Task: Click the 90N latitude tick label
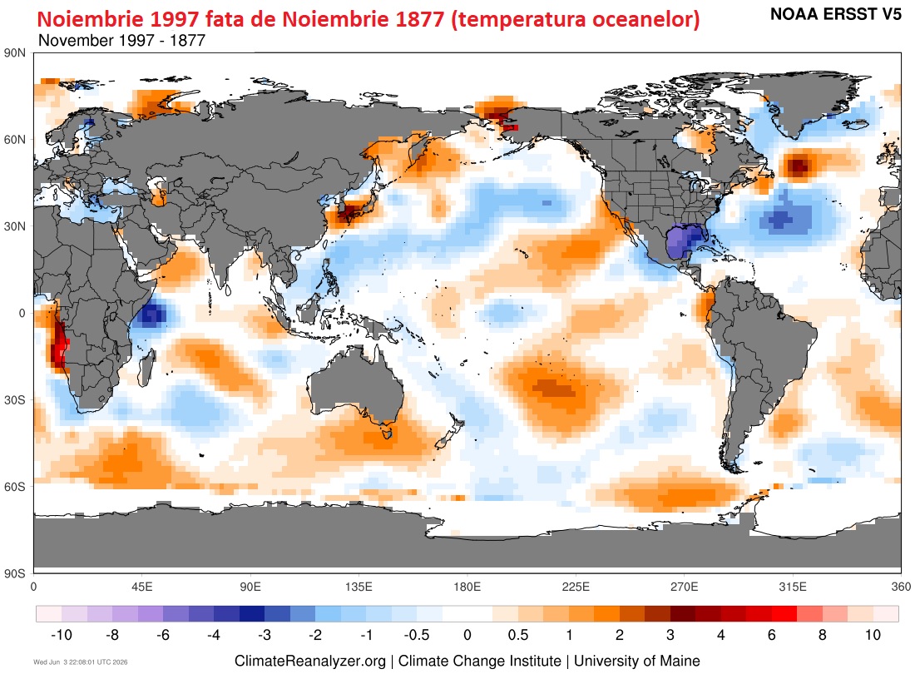pyautogui.click(x=15, y=53)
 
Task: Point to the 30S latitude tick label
pyautogui.click(x=15, y=400)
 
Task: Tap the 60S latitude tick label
pyautogui.click(x=15, y=487)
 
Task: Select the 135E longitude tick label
pyautogui.click(x=359, y=587)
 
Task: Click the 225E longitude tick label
pyautogui.click(x=576, y=587)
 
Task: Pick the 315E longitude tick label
pyautogui.click(x=793, y=587)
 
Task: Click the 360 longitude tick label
pyautogui.click(x=901, y=587)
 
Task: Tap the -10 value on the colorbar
pyautogui.click(x=62, y=635)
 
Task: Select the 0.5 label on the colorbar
pyautogui.click(x=518, y=635)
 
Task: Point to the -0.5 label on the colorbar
pyautogui.click(x=417, y=635)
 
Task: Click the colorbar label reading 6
pyautogui.click(x=771, y=635)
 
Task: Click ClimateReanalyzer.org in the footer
pyautogui.click(x=310, y=662)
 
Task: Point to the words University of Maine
pyautogui.click(x=636, y=662)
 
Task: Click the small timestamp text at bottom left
pyautogui.click(x=81, y=662)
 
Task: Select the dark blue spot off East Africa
pyautogui.click(x=151, y=315)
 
